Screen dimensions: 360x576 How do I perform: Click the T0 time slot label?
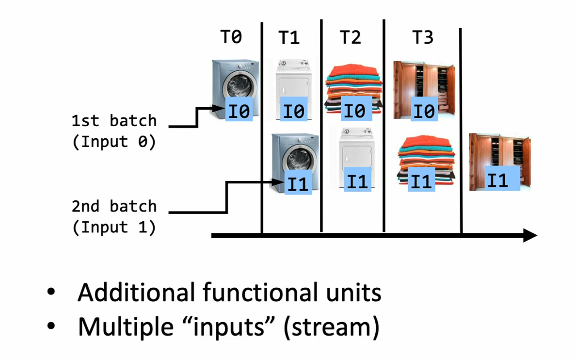232,37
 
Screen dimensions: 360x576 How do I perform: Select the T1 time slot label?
289,38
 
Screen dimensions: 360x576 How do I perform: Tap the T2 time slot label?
351,38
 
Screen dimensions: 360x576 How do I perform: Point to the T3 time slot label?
423,38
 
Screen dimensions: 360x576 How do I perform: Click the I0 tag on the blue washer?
239,112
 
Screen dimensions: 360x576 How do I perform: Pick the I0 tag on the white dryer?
294,112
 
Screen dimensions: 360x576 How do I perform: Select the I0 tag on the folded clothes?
354,111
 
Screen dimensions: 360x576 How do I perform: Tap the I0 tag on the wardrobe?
424,111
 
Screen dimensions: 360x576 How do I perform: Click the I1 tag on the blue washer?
298,183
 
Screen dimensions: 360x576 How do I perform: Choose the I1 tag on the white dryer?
358,182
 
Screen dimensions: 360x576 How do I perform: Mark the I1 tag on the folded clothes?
421,181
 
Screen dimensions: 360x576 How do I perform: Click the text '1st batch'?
114,120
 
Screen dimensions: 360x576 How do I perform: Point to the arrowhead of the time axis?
531,236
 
